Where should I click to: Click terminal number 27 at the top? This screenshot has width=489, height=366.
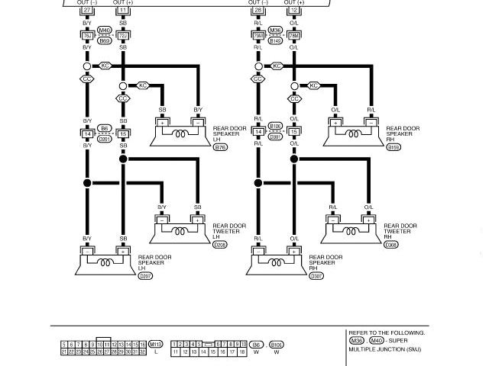pyautogui.click(x=87, y=11)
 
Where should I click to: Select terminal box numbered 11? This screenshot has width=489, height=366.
pyautogui.click(x=123, y=11)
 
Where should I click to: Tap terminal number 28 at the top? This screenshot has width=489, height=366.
pyautogui.click(x=258, y=11)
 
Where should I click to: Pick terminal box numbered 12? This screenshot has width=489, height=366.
pyautogui.click(x=294, y=11)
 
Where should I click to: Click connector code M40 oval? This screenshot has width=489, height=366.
pyautogui.click(x=105, y=30)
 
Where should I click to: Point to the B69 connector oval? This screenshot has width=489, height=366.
pyautogui.click(x=105, y=40)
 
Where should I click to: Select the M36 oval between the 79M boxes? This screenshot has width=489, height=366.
pyautogui.click(x=277, y=30)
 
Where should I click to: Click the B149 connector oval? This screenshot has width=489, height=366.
pyautogui.click(x=277, y=40)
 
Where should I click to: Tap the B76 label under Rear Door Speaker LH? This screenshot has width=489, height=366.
pyautogui.click(x=220, y=146)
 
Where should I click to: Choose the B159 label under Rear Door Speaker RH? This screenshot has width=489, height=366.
pyautogui.click(x=393, y=146)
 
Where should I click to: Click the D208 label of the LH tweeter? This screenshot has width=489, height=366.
pyautogui.click(x=220, y=245)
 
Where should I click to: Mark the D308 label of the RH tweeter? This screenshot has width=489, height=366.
pyautogui.click(x=391, y=245)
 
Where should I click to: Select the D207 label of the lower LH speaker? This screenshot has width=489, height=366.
pyautogui.click(x=145, y=275)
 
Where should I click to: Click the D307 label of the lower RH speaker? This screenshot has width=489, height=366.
pyautogui.click(x=316, y=275)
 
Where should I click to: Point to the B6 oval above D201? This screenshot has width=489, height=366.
pyautogui.click(x=105, y=128)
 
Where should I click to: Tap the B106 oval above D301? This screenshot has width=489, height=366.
pyautogui.click(x=277, y=127)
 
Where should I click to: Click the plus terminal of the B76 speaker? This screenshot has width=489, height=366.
pyautogui.click(x=163, y=122)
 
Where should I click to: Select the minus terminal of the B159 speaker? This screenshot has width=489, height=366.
pyautogui.click(x=371, y=122)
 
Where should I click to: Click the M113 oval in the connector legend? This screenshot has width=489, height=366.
pyautogui.click(x=156, y=344)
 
